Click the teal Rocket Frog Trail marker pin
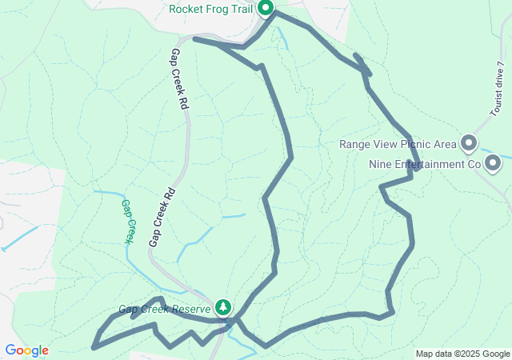click(x=266, y=9)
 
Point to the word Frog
click(x=218, y=10)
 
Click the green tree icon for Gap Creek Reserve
click(x=223, y=307)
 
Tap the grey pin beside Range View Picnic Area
click(x=469, y=144)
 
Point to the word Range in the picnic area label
click(x=356, y=145)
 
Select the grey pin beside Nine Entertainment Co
click(x=494, y=164)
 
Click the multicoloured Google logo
click(x=26, y=350)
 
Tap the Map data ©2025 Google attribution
click(x=462, y=354)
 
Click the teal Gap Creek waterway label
click(x=128, y=221)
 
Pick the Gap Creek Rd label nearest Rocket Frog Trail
click(x=178, y=78)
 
